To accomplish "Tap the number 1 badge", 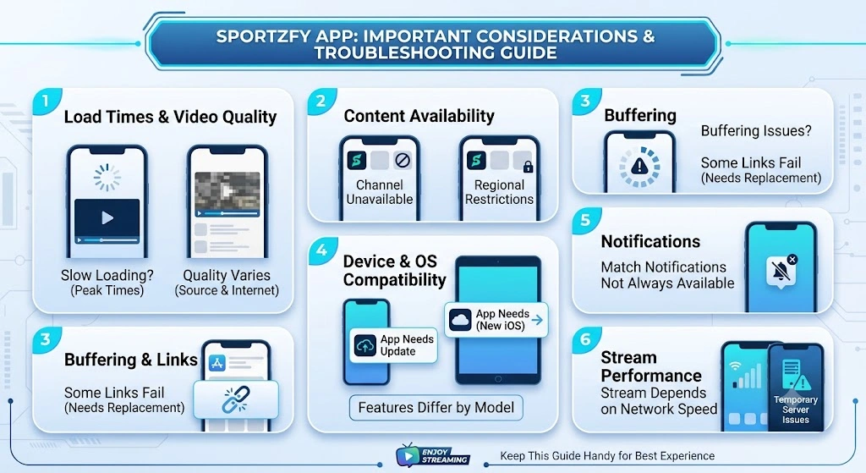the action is tap(46, 102).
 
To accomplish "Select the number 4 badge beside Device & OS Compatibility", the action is tap(321, 250).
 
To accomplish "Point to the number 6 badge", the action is tap(585, 338).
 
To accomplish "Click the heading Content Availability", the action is tap(419, 116).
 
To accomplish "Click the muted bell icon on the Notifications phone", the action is tap(781, 271).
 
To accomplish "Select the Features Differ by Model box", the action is tap(436, 408).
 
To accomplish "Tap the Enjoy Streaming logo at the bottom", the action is tap(432, 455).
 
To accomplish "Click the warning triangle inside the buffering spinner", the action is tap(639, 165).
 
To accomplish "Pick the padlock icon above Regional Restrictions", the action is tap(528, 166).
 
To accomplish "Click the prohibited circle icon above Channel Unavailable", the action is tap(402, 161).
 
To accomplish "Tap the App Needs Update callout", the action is tap(393, 345).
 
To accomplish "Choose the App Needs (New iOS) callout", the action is tap(496, 319).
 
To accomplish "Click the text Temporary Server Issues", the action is tap(795, 410).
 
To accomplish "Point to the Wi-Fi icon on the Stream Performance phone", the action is tap(735, 366).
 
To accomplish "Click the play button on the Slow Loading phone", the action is tap(107, 217).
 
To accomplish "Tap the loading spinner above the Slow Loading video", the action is tap(107, 177).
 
